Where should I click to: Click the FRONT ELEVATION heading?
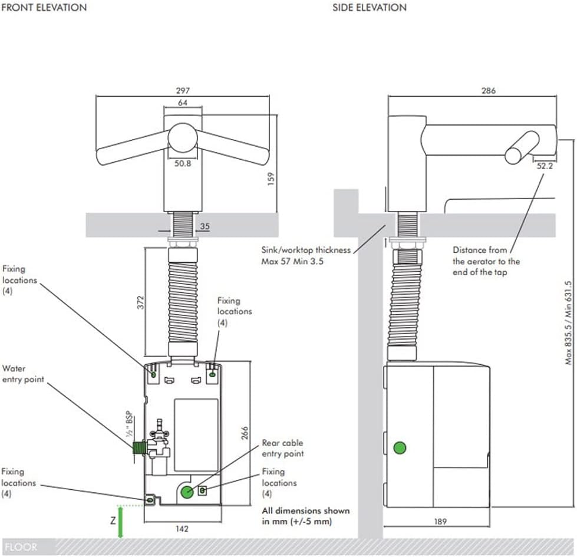44,8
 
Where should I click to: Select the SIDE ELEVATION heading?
369,8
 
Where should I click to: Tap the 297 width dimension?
182,91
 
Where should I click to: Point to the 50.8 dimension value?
183,164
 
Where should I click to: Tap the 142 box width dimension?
182,529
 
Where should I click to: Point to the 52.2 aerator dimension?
545,166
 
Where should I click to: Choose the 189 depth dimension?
440,521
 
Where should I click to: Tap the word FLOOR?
20,547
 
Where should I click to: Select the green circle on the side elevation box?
400,448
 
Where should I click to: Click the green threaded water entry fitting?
139,449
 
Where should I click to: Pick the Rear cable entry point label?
283,448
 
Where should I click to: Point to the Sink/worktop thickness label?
306,255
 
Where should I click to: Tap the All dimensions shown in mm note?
305,516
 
